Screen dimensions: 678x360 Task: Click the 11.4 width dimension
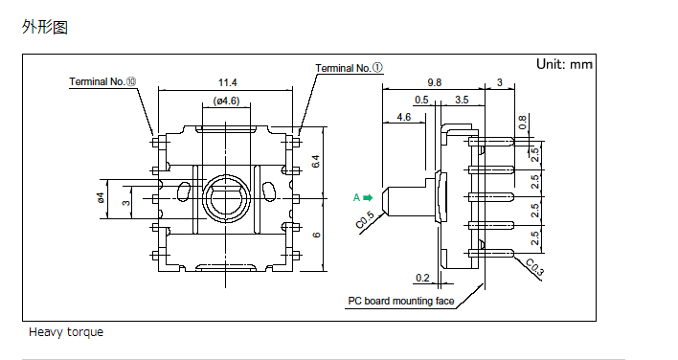coord(228,82)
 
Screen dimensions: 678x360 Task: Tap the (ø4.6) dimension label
coord(226,101)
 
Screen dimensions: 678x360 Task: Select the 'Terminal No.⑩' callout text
coord(102,81)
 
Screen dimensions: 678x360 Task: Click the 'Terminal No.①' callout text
coord(349,68)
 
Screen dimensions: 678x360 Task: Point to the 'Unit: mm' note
coord(564,64)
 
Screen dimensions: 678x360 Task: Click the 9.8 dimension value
coord(434,82)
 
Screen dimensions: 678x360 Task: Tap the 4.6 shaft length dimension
coord(403,117)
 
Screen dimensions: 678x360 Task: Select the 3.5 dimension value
coord(462,100)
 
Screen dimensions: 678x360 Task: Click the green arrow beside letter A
coord(368,197)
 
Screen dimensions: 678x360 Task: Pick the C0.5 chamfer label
coord(365,220)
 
